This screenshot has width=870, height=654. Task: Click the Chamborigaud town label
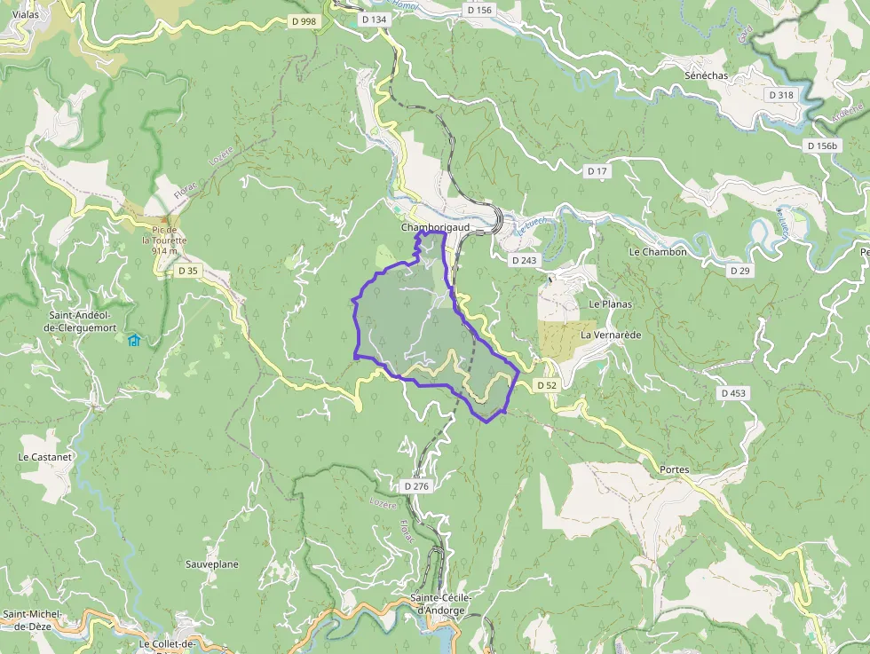435,227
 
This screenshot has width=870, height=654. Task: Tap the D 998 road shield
302,21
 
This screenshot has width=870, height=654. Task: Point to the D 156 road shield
478,10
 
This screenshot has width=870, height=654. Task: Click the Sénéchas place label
706,75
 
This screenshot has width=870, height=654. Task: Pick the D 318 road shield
782,94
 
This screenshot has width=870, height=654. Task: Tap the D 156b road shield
823,145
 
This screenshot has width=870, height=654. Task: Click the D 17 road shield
597,169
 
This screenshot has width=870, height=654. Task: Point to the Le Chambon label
658,252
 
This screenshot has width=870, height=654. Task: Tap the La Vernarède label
611,335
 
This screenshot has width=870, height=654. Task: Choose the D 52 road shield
546,385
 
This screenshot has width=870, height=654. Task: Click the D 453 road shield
734,392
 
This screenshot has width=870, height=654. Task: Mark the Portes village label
675,469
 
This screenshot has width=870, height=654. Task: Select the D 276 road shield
416,486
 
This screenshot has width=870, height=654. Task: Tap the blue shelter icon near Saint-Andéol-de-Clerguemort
134,340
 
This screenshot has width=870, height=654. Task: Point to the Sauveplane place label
212,564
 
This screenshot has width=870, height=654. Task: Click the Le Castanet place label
44,457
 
